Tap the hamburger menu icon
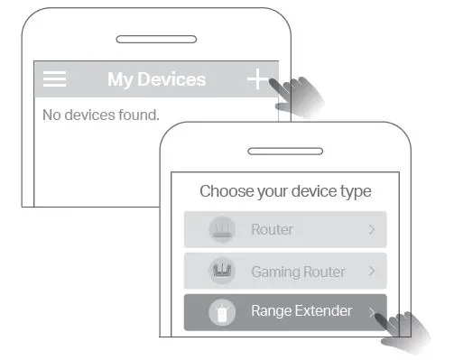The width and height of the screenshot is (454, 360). point(55,79)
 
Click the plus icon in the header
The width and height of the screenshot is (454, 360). point(258,79)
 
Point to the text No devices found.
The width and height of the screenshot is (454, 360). point(101,115)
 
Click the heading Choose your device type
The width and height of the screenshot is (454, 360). point(285,191)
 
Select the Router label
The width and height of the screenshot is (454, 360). point(272,230)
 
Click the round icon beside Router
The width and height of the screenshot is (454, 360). point(221,230)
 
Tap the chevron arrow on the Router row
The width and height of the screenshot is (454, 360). point(372,230)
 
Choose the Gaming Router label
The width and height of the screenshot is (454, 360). point(299,272)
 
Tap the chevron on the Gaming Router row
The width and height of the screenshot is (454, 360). point(372,272)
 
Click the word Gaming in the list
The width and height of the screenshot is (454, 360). point(273,272)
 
